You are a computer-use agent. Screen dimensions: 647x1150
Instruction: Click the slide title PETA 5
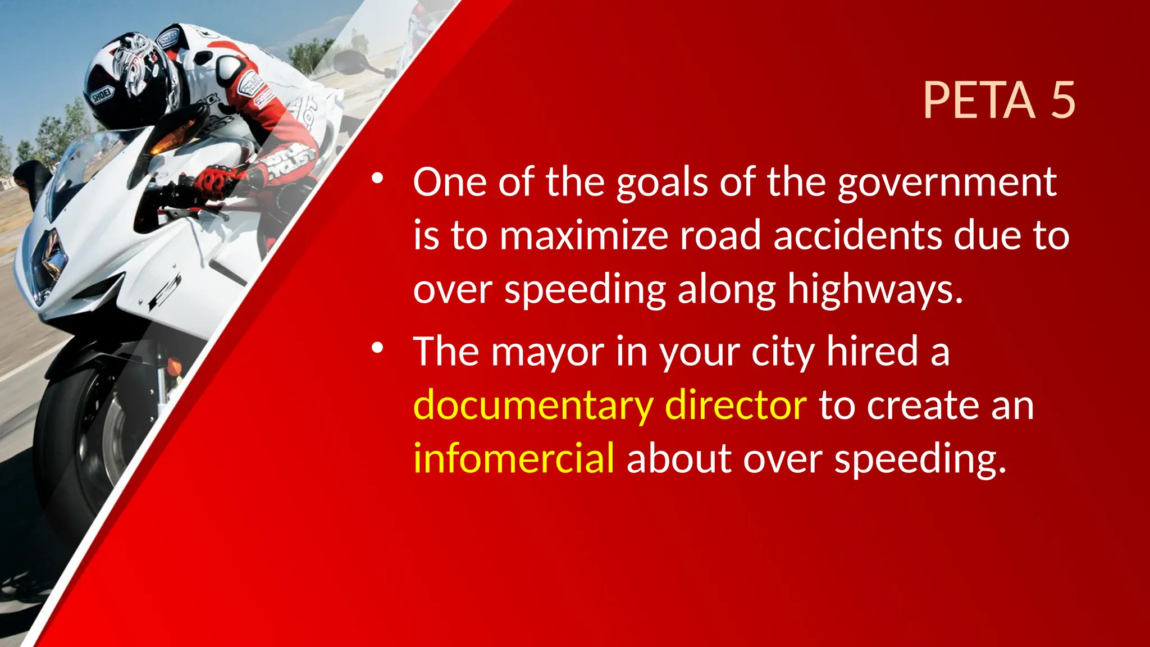998,101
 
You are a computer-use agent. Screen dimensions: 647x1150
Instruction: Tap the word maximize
583,236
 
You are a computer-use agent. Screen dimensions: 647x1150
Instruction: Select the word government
947,183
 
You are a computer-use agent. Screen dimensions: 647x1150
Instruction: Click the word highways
875,290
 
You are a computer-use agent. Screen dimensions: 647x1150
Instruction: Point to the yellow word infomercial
514,458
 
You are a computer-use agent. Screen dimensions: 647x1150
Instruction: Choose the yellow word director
736,404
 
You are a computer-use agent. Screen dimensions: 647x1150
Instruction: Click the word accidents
857,236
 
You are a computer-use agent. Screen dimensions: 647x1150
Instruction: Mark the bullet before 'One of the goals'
377,179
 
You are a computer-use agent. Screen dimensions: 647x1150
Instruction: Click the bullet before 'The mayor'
377,348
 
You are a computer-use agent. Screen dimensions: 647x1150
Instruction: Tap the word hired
872,352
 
